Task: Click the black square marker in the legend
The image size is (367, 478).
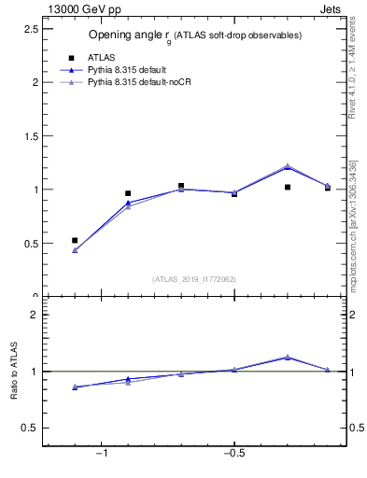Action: (x=70, y=58)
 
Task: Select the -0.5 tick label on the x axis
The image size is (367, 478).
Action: (x=233, y=454)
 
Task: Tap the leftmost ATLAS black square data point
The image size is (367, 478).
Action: (x=75, y=240)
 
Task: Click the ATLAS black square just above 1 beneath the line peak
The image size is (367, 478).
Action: (x=288, y=187)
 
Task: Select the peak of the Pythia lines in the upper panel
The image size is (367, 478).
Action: (x=288, y=166)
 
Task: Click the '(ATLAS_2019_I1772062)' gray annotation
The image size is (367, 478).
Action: (x=194, y=278)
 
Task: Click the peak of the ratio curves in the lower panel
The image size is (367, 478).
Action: (x=288, y=357)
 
